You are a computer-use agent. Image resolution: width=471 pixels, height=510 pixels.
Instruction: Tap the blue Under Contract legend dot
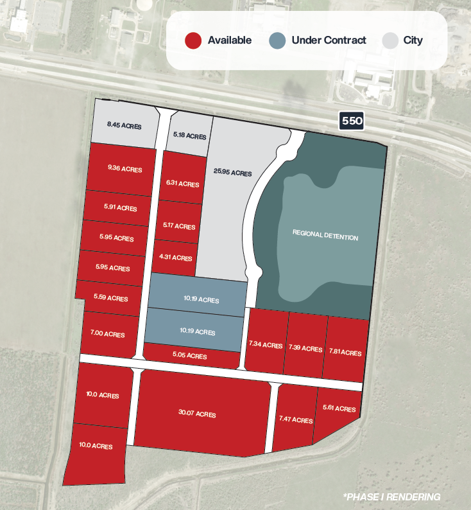point(277,40)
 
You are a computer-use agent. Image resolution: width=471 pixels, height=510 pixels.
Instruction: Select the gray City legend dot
point(390,40)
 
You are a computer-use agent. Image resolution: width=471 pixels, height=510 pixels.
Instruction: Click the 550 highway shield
point(352,120)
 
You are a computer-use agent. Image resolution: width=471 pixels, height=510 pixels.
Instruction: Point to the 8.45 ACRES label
point(124,124)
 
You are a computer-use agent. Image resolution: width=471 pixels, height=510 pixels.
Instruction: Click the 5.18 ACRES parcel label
point(190,136)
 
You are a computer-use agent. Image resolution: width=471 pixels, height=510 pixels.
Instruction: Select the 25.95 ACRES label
point(232,173)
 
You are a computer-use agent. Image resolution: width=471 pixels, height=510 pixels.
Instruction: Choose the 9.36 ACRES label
point(125,170)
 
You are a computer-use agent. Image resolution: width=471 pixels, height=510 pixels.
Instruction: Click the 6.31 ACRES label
point(182,184)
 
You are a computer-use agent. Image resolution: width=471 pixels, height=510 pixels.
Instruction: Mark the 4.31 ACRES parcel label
point(175,258)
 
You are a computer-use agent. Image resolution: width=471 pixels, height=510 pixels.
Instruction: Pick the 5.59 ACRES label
point(110,298)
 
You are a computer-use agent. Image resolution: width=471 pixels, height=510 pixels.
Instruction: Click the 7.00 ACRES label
point(108,334)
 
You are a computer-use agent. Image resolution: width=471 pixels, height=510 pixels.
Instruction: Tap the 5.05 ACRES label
point(191,356)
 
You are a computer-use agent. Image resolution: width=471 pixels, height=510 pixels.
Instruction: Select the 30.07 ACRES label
point(197,414)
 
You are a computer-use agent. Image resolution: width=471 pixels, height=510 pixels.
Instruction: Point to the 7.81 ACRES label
point(345,352)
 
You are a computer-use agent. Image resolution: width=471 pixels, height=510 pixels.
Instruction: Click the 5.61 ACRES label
point(339,409)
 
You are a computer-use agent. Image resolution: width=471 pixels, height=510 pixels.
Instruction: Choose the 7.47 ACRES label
point(296,420)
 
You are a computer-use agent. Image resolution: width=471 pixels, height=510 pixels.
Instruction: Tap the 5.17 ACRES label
point(179,226)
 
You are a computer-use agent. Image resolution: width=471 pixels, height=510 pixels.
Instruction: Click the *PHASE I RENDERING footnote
point(392,497)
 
